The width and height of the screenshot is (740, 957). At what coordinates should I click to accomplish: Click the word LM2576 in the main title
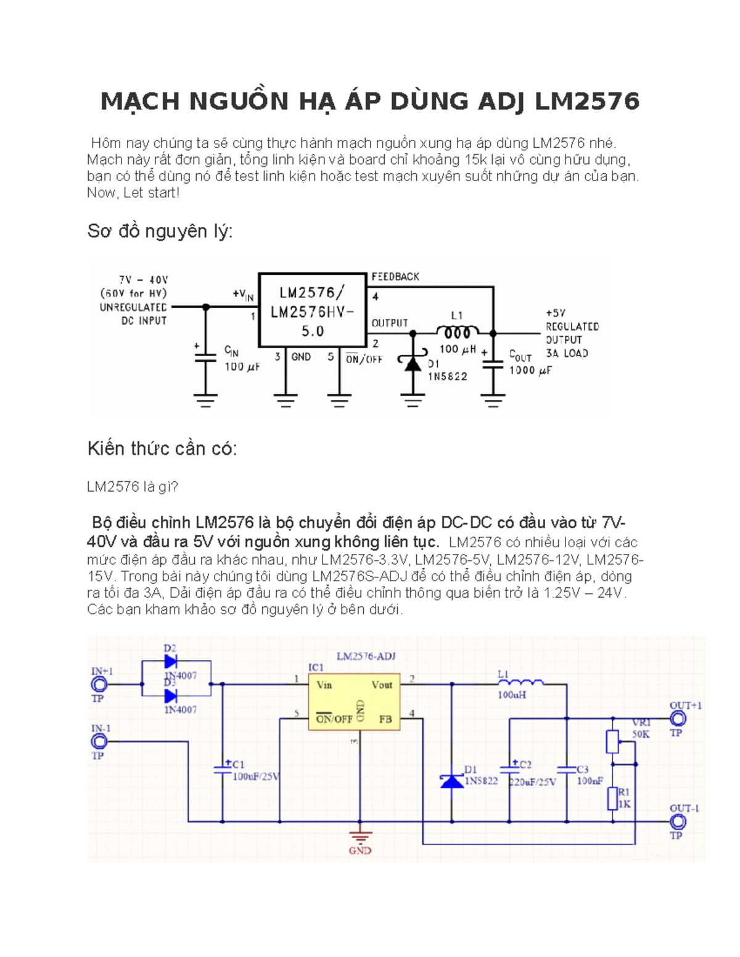pyautogui.click(x=587, y=102)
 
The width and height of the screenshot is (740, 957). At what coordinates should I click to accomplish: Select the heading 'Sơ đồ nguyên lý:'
pyautogui.click(x=160, y=231)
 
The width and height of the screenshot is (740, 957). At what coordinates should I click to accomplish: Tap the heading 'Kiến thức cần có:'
pyautogui.click(x=162, y=449)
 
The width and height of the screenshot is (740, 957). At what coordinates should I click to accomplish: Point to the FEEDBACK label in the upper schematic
pyautogui.click(x=395, y=277)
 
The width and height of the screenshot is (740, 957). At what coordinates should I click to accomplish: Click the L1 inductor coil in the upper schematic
pyautogui.click(x=457, y=333)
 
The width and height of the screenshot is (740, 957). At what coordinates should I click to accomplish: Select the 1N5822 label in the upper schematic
pyautogui.click(x=448, y=376)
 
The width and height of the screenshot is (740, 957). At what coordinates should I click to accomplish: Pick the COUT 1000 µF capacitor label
pyautogui.click(x=529, y=364)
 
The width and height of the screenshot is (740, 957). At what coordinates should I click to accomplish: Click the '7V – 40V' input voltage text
pyautogui.click(x=143, y=280)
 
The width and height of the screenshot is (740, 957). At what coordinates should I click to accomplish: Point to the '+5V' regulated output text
pyautogui.click(x=555, y=313)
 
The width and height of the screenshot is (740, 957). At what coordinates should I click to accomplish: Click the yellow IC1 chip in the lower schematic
pyautogui.click(x=354, y=701)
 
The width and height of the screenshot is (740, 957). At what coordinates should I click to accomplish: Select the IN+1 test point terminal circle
pyautogui.click(x=99, y=684)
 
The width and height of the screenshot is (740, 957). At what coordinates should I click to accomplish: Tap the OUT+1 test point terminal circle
pyautogui.click(x=678, y=719)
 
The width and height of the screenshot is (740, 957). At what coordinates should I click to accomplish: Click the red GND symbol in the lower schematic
pyautogui.click(x=360, y=841)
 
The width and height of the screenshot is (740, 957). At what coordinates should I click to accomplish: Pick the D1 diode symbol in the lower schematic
pyautogui.click(x=452, y=781)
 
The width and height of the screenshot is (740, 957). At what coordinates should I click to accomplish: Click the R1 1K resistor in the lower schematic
pyautogui.click(x=612, y=799)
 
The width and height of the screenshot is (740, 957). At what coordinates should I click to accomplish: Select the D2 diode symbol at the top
pyautogui.click(x=171, y=662)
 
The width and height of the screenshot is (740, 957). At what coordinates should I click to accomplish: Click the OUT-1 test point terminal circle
pyautogui.click(x=678, y=821)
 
